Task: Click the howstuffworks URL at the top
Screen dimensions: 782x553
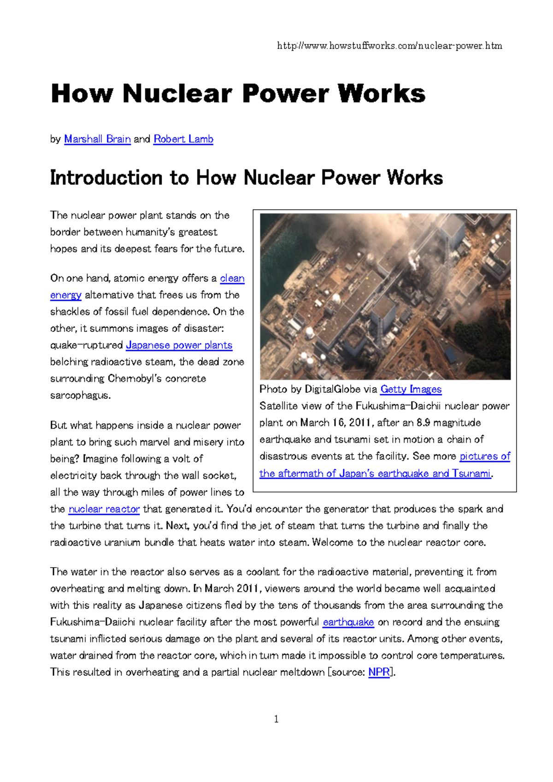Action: tap(389, 46)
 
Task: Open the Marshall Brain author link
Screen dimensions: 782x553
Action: tap(97, 139)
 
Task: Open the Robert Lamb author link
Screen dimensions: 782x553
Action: tap(183, 139)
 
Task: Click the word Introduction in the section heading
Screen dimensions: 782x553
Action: tap(106, 178)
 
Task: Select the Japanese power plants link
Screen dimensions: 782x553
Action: tap(179, 345)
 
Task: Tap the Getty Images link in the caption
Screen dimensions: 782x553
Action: tap(411, 390)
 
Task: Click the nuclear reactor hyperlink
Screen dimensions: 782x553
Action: tap(104, 509)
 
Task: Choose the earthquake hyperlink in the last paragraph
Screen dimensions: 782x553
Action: tap(348, 622)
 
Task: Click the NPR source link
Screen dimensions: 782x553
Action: tap(379, 673)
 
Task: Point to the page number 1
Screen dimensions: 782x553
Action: tap(276, 719)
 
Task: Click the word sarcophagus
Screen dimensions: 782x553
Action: tap(80, 396)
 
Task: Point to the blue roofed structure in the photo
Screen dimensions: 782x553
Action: tap(450, 355)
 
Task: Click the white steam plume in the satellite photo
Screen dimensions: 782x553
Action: tap(413, 261)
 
